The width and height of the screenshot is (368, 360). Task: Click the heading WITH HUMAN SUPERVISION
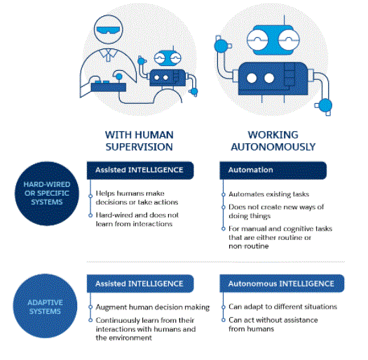pos(139,141)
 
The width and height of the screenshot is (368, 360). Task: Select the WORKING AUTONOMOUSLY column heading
pos(273,141)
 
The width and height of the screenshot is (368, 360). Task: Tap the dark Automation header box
pos(273,170)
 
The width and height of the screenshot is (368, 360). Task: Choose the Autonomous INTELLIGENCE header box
pos(282,284)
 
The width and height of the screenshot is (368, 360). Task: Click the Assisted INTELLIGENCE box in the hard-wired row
pos(140,170)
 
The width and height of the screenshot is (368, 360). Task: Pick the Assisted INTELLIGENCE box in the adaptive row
pos(140,284)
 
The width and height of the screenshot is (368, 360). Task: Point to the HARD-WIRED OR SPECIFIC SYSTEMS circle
pos(47,194)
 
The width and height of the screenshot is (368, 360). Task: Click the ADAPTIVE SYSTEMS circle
pos(45,306)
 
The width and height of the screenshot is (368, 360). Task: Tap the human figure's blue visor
pos(108,30)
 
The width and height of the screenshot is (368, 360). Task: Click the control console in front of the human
pos(109,87)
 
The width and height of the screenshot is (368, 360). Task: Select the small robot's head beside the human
pos(168,58)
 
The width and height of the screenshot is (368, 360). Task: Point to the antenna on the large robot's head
pos(284,20)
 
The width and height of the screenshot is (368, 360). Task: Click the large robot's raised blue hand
pos(221,46)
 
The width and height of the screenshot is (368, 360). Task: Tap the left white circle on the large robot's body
pos(252,79)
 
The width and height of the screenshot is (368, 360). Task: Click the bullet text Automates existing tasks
pos(269,194)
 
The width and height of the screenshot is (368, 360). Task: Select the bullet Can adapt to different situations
pos(282,307)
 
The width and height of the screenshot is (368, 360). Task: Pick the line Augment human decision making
pos(153,307)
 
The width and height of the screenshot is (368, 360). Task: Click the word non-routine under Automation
pos(249,246)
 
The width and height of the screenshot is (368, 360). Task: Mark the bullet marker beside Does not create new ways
pos(224,207)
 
